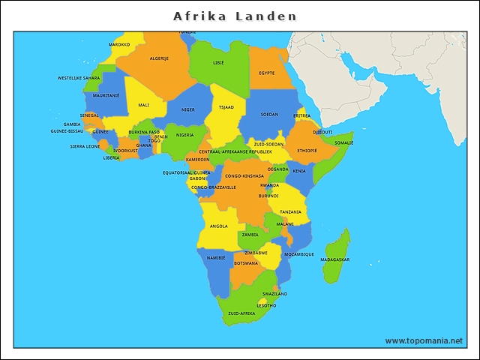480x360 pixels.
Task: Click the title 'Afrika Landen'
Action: [x=235, y=16]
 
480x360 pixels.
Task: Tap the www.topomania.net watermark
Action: [x=424, y=340]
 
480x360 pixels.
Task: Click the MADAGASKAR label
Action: [x=334, y=259]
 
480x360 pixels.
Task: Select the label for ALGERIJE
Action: [x=159, y=58]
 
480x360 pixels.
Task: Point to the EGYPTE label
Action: [x=266, y=73]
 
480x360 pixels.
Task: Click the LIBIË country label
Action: [x=218, y=63]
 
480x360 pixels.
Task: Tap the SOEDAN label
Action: [x=269, y=115]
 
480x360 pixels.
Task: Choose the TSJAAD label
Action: [x=226, y=106]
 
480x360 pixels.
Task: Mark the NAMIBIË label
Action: [x=215, y=257]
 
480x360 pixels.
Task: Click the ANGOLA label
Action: [x=219, y=226]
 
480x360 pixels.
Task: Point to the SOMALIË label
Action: [x=343, y=142]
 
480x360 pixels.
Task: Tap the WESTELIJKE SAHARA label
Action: [x=79, y=78]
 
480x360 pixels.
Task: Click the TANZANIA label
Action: [x=290, y=211]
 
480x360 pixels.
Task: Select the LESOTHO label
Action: [x=266, y=305]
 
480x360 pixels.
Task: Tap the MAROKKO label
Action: [x=119, y=44]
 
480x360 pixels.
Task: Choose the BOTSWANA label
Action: [x=246, y=263]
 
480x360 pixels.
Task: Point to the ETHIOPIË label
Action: [x=307, y=151]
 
